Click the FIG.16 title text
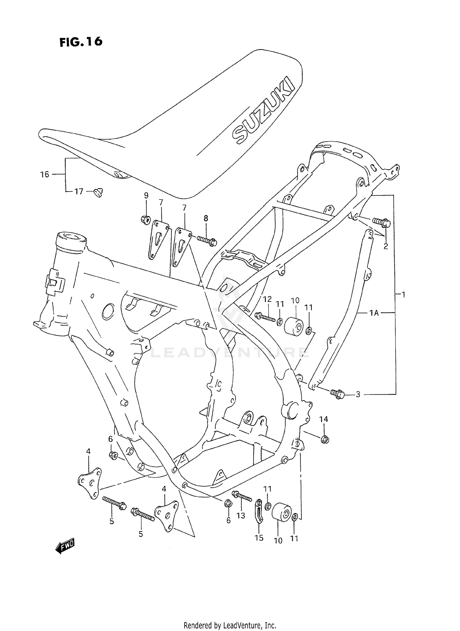click(81, 42)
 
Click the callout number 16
click(45, 174)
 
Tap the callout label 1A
click(374, 313)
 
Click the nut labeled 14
click(325, 440)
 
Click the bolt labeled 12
click(265, 317)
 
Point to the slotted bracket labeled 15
click(259, 511)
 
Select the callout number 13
click(241, 516)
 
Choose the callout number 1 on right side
click(404, 295)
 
